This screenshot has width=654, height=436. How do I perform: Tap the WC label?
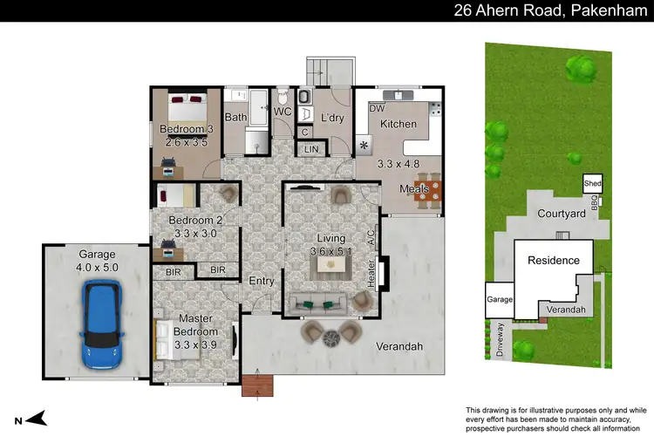pos(282,112)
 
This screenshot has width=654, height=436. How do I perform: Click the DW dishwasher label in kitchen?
pos(377,109)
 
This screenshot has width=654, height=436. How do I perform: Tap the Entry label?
pos(261,281)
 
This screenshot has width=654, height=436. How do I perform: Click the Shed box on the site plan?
pos(593,184)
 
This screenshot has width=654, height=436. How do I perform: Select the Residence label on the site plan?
pos(553,260)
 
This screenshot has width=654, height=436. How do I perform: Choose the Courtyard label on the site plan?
pos(561,213)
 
